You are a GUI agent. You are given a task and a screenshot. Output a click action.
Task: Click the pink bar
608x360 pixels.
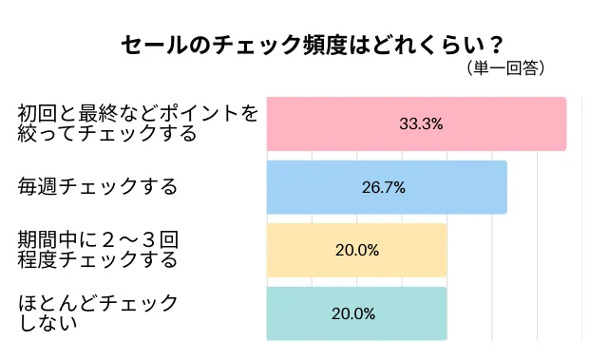coord(416,123)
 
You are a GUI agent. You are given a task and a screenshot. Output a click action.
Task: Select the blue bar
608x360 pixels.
coord(387,187)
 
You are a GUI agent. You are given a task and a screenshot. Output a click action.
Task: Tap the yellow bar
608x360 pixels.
coord(356,250)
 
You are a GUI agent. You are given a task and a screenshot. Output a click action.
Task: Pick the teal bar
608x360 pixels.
coord(356,313)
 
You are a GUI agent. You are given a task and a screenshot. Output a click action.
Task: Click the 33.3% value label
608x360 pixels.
coord(421,124)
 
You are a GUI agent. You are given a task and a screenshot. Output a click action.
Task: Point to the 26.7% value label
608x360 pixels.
coord(384,187)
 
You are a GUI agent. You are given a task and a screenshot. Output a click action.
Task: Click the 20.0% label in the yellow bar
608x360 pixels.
coord(357,251)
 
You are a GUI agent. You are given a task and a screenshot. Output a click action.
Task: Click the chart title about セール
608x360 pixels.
coord(312,45)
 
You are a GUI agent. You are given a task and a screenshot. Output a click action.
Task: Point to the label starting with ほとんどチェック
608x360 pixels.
coord(99,313)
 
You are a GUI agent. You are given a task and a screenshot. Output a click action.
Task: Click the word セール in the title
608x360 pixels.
coord(152,45)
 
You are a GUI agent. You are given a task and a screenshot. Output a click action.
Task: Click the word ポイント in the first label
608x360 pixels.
coord(205,114)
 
